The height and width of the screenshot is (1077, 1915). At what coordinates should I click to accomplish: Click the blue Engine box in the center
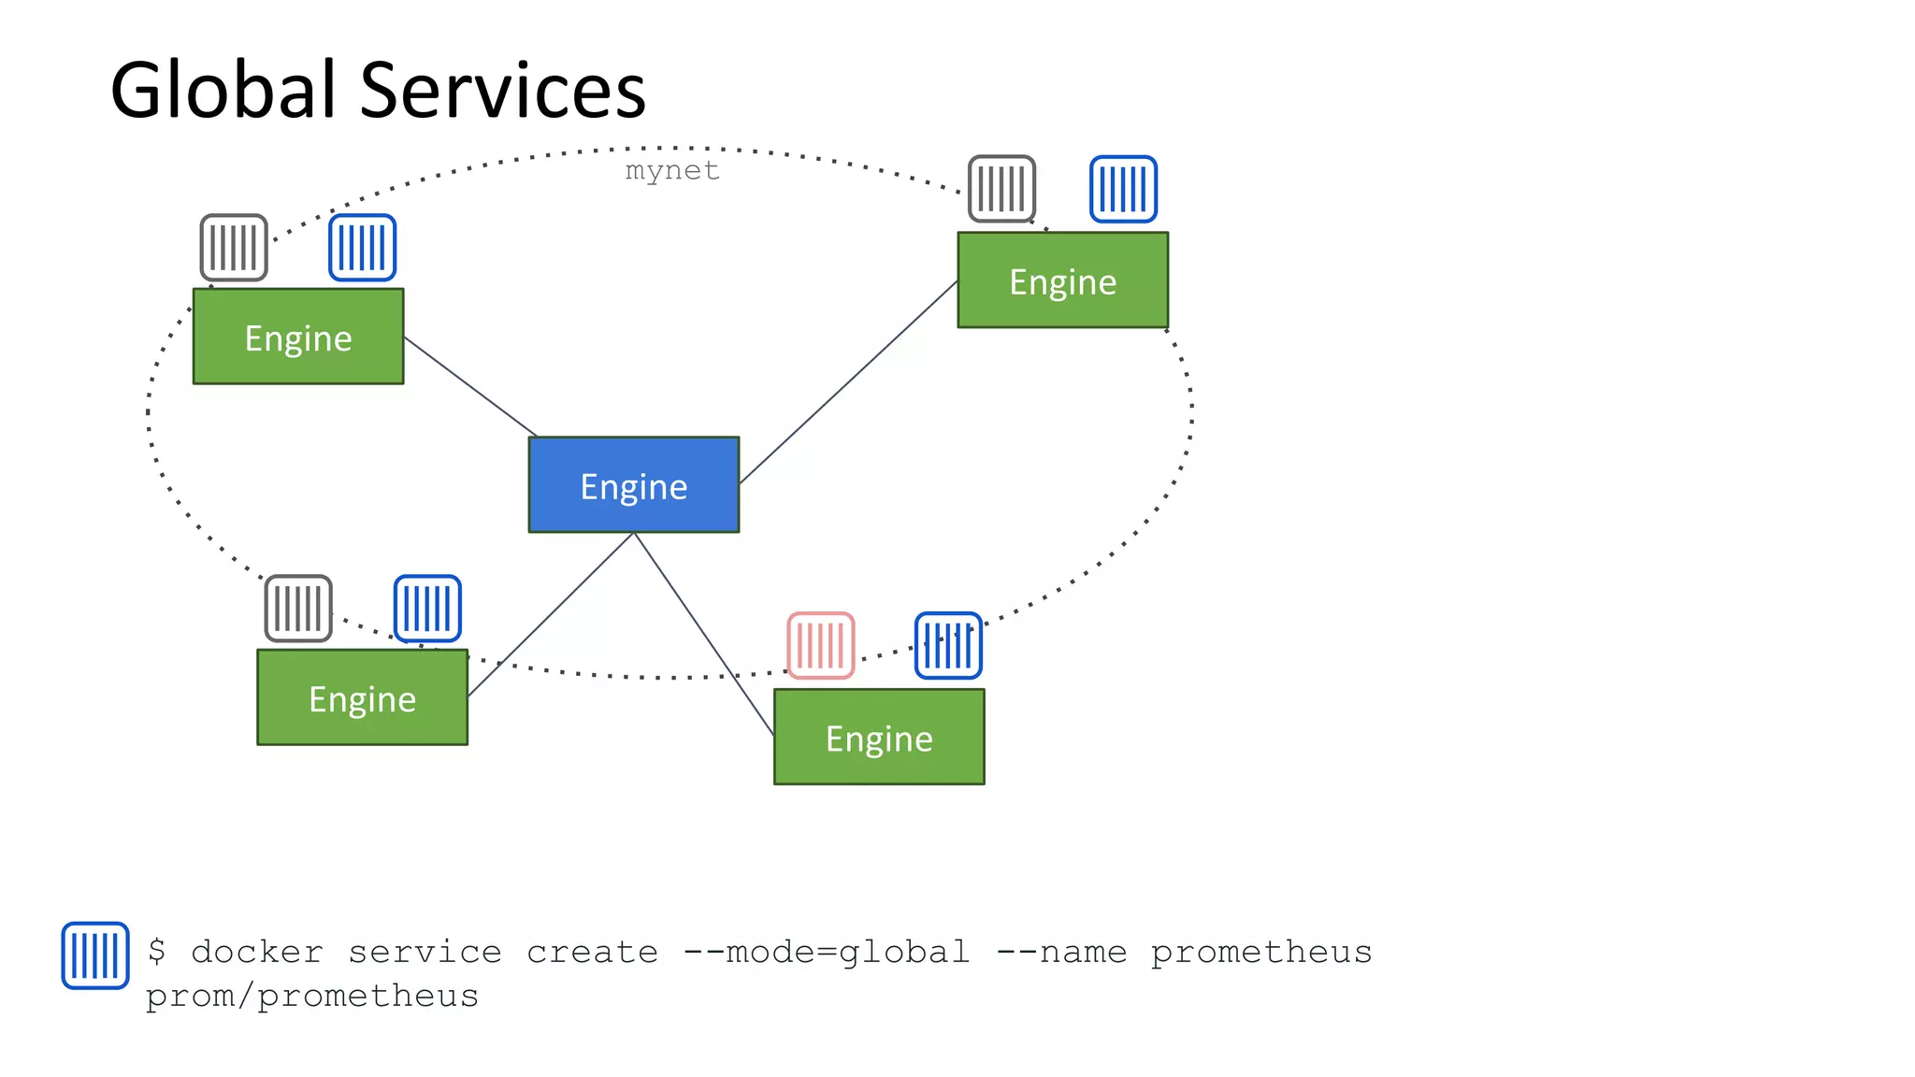633,485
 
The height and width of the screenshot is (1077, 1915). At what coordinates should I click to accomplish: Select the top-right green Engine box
1062,280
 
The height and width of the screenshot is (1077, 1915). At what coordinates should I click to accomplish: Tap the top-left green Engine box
298,337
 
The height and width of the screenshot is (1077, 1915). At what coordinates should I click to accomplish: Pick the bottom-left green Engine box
362,697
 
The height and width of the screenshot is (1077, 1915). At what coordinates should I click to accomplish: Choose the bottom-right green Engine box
879,737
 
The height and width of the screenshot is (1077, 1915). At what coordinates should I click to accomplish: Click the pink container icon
821,645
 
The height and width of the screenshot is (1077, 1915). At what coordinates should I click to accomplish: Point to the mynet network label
672,170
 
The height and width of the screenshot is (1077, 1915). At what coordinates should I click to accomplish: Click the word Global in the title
223,90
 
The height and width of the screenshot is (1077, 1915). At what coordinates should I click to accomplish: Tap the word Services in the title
502,90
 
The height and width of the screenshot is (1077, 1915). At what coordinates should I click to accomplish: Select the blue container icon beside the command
95,955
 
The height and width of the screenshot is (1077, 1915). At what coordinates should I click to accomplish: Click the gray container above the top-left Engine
234,248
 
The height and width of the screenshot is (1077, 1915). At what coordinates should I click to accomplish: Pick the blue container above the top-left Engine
363,248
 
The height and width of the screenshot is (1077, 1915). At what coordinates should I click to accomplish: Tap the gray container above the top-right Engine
1001,189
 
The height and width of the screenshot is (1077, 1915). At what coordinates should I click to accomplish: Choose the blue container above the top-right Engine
1123,189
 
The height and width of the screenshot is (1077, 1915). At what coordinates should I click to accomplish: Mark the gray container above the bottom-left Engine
298,609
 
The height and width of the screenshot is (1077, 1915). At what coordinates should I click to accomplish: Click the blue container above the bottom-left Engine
427,609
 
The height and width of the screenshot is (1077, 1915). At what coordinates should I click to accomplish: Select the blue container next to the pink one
948,645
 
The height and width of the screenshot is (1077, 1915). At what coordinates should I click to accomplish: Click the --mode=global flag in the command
826,952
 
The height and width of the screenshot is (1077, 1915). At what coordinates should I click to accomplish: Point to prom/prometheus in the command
312,996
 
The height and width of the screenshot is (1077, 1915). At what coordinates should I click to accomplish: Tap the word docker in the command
257,952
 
